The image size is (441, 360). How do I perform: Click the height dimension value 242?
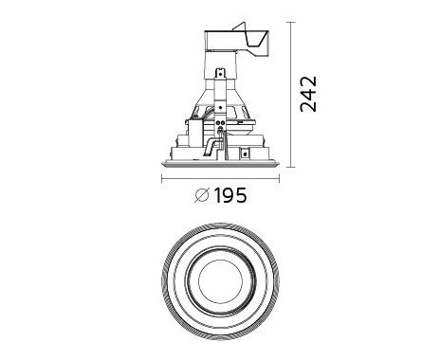[x=308, y=94]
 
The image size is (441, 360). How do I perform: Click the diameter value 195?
[x=230, y=195]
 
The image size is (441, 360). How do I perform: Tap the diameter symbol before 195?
[x=202, y=195]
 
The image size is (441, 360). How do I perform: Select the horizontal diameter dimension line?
[x=220, y=180]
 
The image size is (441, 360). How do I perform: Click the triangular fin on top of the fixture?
[x=239, y=27]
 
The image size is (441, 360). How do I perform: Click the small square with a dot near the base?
[x=244, y=153]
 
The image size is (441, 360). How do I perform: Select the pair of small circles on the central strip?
[x=220, y=122]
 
